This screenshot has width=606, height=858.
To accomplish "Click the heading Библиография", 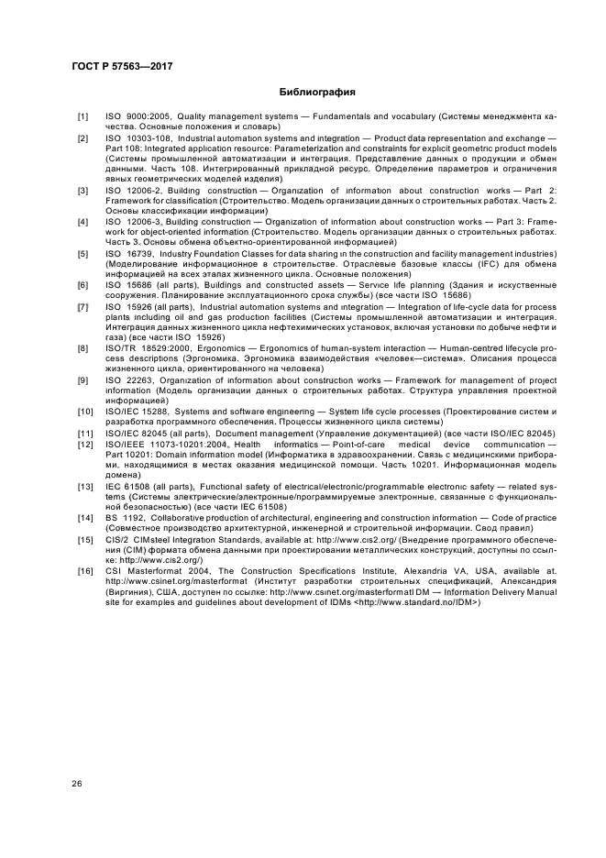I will pos(317,93).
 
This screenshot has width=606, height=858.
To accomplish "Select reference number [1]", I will pos(83,116).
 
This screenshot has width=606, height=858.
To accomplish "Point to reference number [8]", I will pos(83,349).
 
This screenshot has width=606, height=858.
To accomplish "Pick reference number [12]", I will pos(83,444).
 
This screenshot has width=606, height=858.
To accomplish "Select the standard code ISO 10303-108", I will pos(138,137).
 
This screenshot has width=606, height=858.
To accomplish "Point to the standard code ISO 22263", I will pos(128,380).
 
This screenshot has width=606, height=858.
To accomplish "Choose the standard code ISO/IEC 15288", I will pos(138,412).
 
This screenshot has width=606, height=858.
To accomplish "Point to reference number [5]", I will pos(83,253).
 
